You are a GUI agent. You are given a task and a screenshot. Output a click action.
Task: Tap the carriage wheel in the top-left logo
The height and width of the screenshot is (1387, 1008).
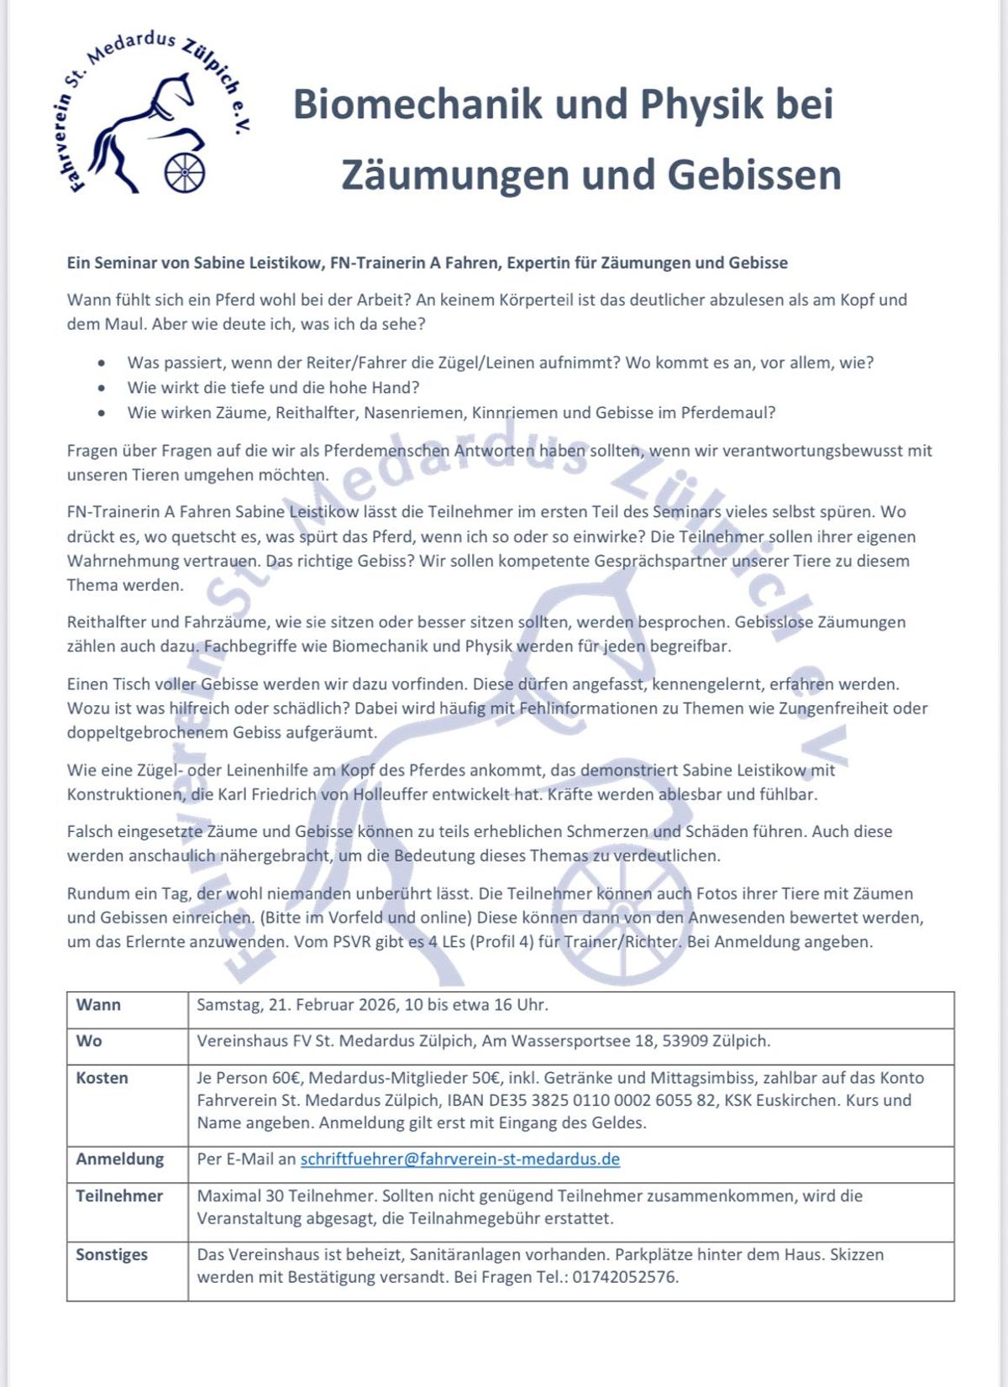185,172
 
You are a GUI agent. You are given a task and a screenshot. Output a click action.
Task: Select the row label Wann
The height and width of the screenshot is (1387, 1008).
98,1005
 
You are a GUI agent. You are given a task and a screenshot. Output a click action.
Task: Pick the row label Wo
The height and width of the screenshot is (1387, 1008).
89,1041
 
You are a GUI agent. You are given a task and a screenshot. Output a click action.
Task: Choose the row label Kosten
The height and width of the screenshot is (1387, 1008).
102,1078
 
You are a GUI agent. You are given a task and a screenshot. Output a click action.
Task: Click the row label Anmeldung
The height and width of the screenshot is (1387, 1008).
119,1159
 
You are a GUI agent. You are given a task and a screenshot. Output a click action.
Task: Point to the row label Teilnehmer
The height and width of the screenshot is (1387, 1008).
119,1196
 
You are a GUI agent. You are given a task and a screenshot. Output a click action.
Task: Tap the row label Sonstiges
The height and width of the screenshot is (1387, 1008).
112,1254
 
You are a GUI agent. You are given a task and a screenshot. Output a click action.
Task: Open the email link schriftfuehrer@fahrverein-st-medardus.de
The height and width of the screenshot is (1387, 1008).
460,1159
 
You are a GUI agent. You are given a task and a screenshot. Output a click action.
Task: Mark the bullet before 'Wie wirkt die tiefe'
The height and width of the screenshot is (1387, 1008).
102,388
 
